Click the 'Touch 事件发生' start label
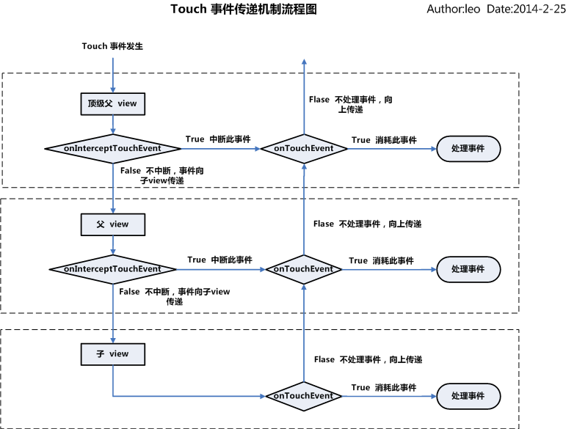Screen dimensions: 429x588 click(112, 46)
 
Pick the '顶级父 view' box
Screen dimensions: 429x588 click(112, 104)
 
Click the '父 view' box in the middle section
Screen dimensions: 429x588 click(112, 224)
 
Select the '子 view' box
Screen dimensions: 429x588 click(112, 354)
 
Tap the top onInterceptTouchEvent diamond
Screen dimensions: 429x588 click(112, 148)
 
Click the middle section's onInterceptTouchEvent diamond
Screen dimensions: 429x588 click(112, 269)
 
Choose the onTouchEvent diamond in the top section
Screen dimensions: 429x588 click(303, 148)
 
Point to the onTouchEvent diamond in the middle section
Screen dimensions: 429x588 click(303, 269)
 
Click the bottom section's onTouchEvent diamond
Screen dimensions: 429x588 click(303, 396)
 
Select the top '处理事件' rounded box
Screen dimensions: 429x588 click(468, 148)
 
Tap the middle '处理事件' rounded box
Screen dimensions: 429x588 click(468, 269)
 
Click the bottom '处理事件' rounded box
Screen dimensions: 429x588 click(468, 396)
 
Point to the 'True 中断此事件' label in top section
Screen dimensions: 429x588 click(218, 139)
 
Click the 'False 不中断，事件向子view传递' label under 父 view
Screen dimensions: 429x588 click(174, 296)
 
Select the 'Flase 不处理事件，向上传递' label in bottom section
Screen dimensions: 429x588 click(368, 360)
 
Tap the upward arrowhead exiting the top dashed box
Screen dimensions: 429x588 click(303, 63)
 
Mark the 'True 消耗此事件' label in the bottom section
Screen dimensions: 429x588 click(383, 387)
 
